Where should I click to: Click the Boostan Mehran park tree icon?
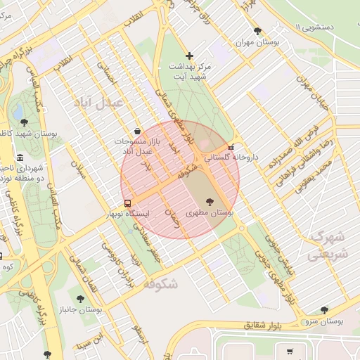pos(258,30)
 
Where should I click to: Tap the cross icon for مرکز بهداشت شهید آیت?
pos(188,56)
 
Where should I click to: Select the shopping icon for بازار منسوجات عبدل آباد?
pos(136,131)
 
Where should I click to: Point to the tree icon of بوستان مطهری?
pos(210,202)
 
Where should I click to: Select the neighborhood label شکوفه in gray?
pos(160,283)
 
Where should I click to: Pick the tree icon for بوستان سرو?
pos(324,309)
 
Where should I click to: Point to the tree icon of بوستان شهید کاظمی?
pos(24,122)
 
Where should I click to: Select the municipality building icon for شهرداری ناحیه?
pos(19,157)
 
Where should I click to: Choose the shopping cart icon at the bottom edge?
pos(289,351)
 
